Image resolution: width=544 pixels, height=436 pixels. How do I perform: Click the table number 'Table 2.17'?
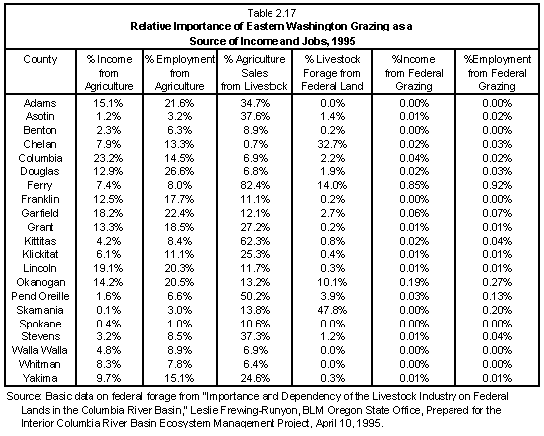(272, 13)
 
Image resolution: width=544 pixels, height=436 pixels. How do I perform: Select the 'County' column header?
(40, 59)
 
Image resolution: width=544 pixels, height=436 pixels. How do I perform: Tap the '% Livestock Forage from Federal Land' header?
(332, 73)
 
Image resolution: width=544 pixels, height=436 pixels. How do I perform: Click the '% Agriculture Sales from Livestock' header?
(255, 73)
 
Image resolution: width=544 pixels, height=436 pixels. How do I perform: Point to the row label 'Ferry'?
(39, 185)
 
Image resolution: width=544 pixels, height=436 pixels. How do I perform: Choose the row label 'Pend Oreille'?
(40, 296)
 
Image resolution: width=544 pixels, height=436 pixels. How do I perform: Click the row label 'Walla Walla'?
(39, 350)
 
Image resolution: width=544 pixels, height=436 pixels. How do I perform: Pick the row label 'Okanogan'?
(41, 283)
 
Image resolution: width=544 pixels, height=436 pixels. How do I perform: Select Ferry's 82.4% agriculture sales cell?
(255, 185)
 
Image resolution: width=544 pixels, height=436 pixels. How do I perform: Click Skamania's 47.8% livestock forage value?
(332, 310)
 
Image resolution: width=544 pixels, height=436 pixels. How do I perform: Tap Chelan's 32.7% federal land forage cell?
(332, 144)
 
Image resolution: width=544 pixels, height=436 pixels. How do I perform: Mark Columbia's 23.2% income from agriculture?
(108, 158)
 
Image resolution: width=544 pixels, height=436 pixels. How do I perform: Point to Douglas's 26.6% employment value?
(179, 171)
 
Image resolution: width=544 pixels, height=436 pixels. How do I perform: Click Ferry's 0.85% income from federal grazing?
(414, 185)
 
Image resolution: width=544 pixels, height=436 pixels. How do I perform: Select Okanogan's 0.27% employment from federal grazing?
(497, 282)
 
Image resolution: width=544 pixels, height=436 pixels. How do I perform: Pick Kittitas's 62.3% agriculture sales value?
(255, 241)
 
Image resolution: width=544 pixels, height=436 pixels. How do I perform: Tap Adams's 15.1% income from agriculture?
(108, 103)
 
